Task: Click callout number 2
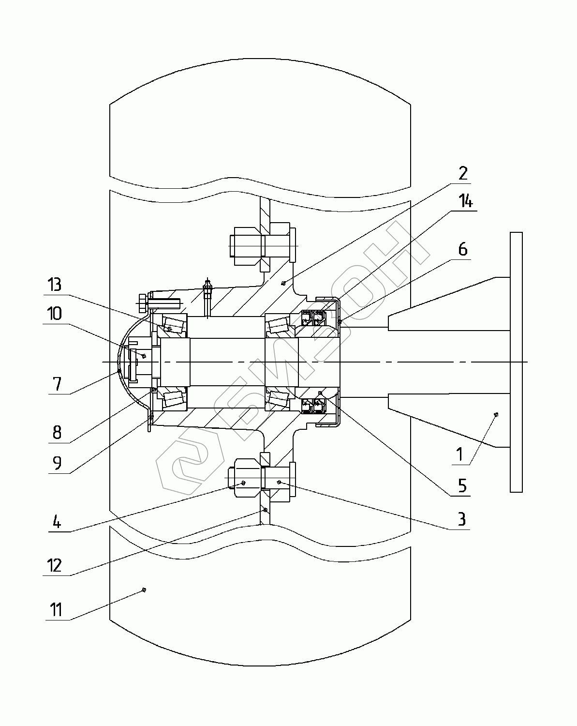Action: click(463, 173)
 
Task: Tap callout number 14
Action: click(466, 201)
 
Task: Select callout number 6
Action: click(463, 250)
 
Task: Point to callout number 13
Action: click(55, 285)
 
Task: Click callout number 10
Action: click(55, 314)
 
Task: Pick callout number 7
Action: click(58, 384)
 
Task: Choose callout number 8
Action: click(57, 433)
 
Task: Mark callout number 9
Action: click(58, 463)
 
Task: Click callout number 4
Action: click(57, 522)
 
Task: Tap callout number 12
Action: click(55, 565)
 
